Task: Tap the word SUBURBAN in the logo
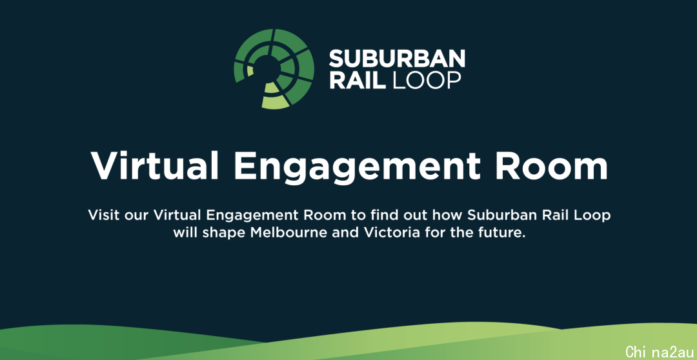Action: pos(397,59)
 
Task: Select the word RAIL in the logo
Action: pos(358,80)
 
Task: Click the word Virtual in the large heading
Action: pos(155,166)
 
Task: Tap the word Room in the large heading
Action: pos(551,166)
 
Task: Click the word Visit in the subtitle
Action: pos(103,215)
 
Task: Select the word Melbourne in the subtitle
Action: pos(289,232)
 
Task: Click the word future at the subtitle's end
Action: pos(503,233)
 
